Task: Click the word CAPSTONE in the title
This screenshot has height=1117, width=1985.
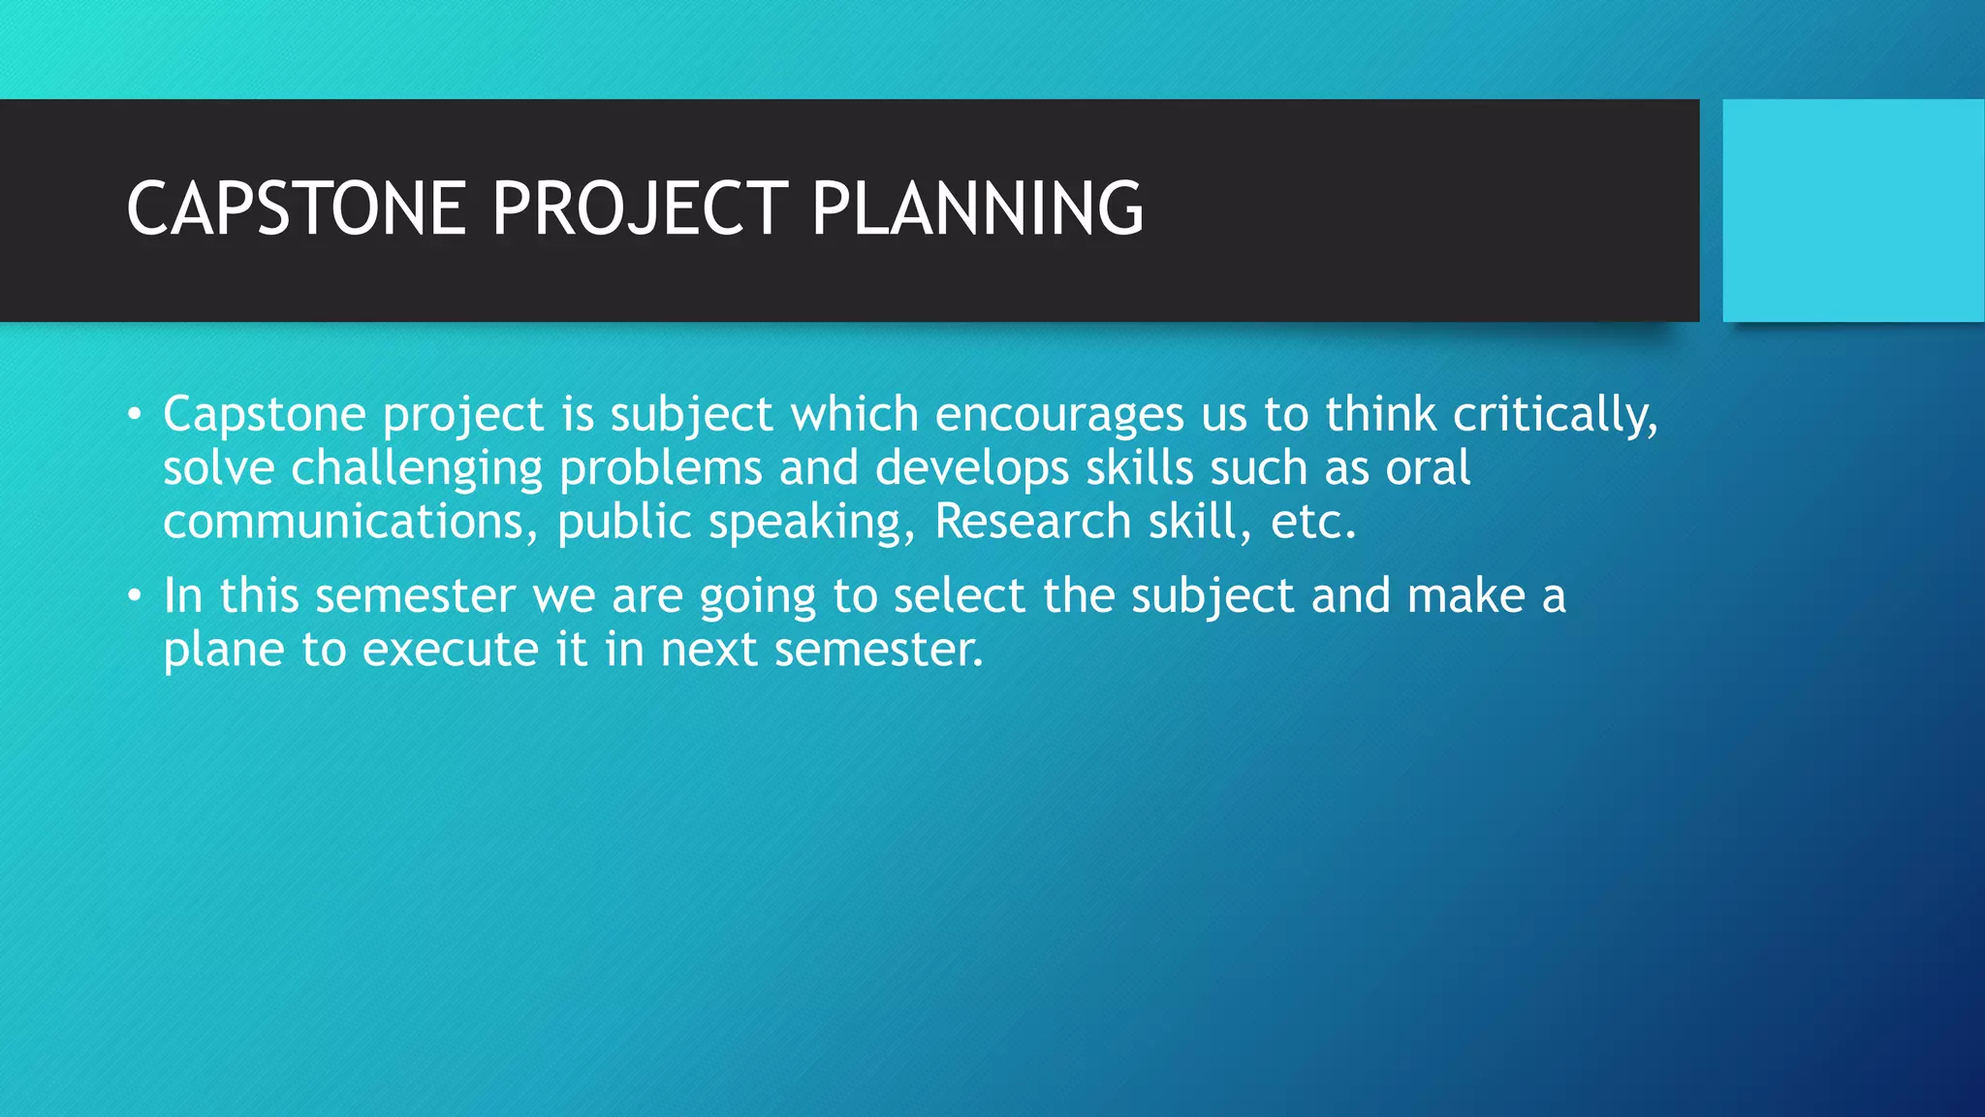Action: point(296,208)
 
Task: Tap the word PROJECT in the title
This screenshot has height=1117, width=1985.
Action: point(640,208)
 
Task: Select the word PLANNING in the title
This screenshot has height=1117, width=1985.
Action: point(977,208)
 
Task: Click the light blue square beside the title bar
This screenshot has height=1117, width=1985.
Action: point(1852,210)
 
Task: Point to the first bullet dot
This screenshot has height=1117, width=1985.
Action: point(135,416)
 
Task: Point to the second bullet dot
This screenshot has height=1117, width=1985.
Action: point(135,596)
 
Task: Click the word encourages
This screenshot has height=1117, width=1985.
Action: point(1059,415)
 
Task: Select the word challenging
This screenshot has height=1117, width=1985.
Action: point(417,469)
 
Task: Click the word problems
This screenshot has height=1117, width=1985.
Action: point(660,468)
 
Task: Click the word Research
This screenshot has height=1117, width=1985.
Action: point(1032,522)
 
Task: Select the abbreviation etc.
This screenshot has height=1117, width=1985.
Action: point(1312,522)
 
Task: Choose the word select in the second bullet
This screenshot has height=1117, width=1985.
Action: point(959,595)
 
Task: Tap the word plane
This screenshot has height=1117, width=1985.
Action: point(223,651)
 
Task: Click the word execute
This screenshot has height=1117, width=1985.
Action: point(450,650)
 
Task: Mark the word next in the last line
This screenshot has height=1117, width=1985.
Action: point(709,650)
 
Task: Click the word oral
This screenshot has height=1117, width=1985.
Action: point(1428,468)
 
